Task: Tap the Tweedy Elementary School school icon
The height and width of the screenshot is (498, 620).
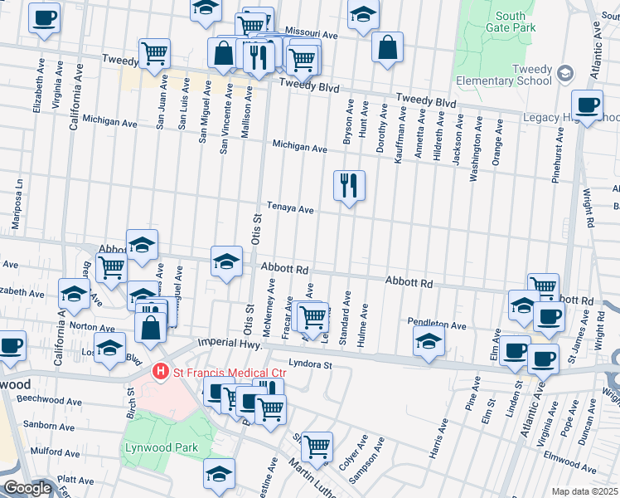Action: [565, 74]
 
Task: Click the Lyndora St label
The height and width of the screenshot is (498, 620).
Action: [310, 364]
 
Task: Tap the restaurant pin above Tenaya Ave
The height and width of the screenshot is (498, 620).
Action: [349, 185]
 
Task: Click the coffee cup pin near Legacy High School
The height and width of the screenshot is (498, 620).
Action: [587, 105]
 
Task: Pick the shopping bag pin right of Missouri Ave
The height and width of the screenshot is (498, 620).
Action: [387, 47]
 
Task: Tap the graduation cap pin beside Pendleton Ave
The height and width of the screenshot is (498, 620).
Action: [429, 341]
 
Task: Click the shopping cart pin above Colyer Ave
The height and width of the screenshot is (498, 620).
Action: [317, 447]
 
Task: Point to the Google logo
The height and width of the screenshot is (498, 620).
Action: [27, 488]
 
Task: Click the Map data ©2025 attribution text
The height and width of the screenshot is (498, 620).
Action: [584, 491]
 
